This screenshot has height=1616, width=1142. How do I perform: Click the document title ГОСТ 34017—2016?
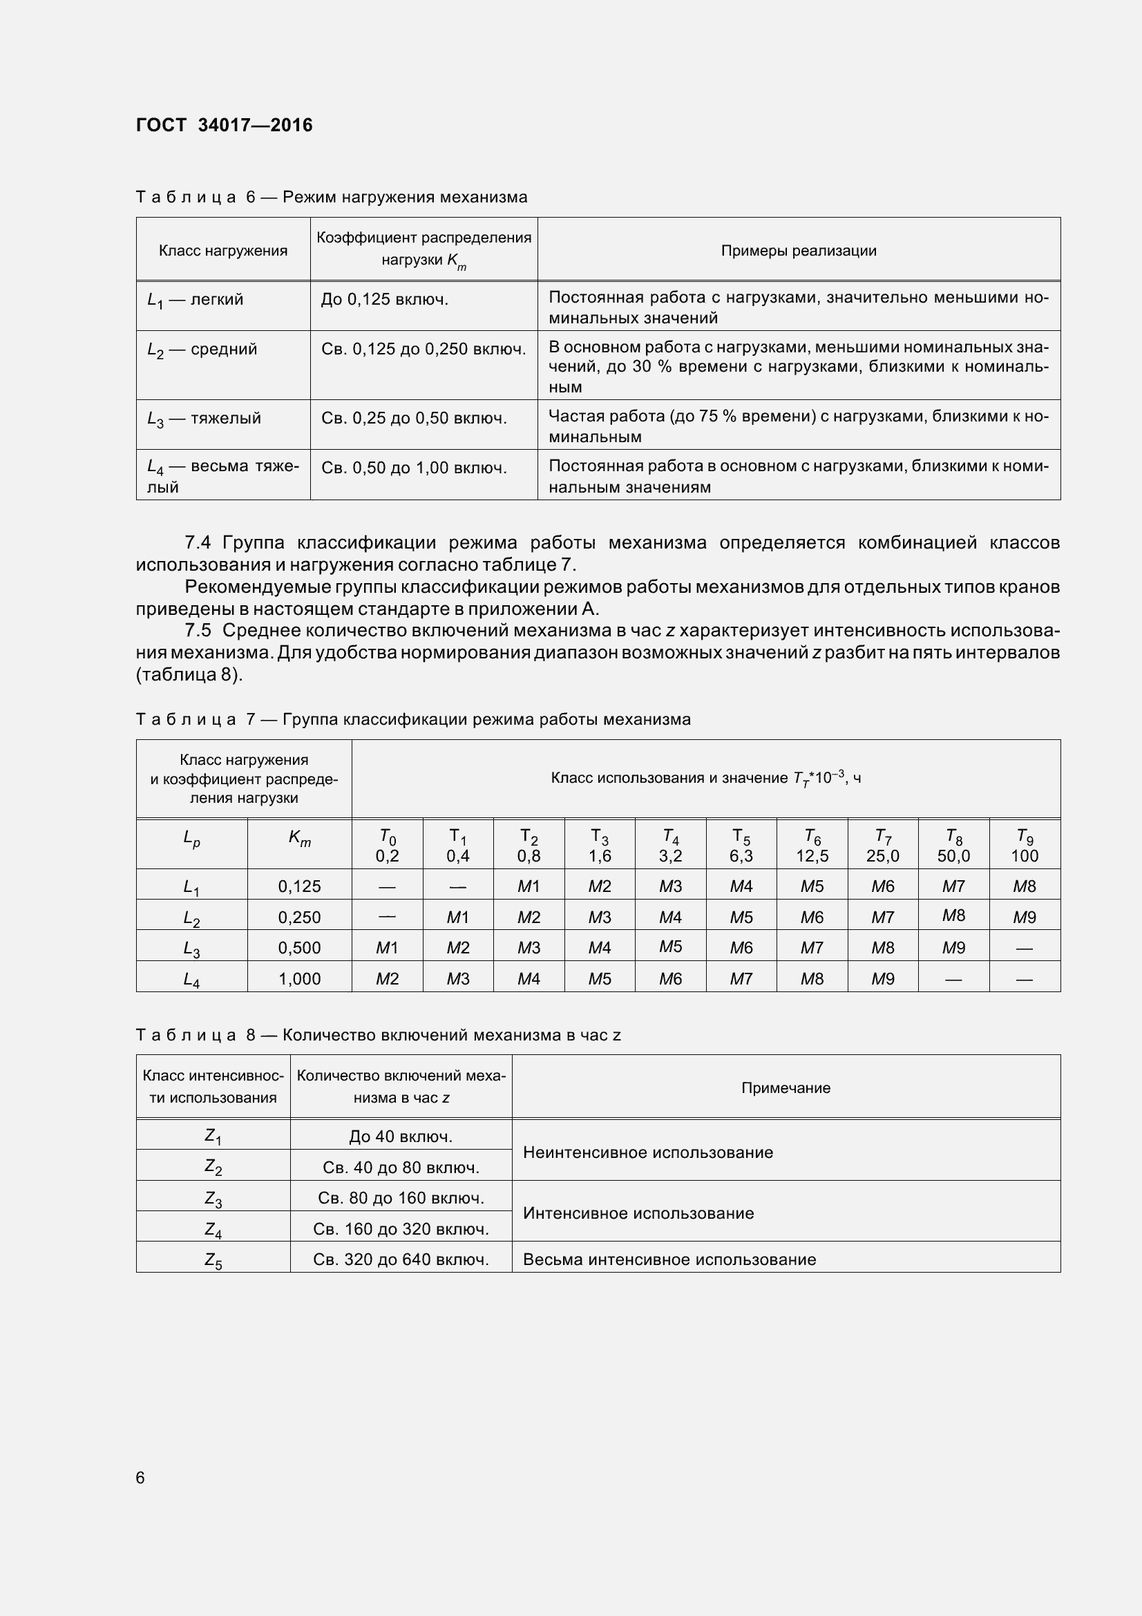pos(224,125)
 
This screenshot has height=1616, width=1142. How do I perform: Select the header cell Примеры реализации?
pos(798,251)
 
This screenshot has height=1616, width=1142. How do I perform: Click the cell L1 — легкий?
pos(195,300)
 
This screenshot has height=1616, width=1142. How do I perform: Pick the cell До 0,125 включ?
pos(384,300)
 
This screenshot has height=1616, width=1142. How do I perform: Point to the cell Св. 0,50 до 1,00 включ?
pos(414,468)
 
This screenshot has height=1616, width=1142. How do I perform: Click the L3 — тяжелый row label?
pos(203,419)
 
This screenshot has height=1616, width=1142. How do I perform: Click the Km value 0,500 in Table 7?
pos(299,947)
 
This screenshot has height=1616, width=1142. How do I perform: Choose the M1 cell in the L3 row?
pos(387,947)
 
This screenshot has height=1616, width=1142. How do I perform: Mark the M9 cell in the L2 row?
pos(1024,917)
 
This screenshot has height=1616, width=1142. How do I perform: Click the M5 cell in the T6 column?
pos(811,886)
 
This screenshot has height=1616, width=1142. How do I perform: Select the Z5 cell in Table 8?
pos(213,1259)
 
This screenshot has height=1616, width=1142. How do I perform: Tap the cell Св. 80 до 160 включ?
pos(401,1197)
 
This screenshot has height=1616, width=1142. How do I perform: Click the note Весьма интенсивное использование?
pos(669,1259)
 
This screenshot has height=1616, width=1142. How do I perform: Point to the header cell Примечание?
pos(786,1087)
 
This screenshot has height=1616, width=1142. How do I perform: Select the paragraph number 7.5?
pos(198,630)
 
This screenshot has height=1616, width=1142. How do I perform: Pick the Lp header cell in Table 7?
pos(191,838)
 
